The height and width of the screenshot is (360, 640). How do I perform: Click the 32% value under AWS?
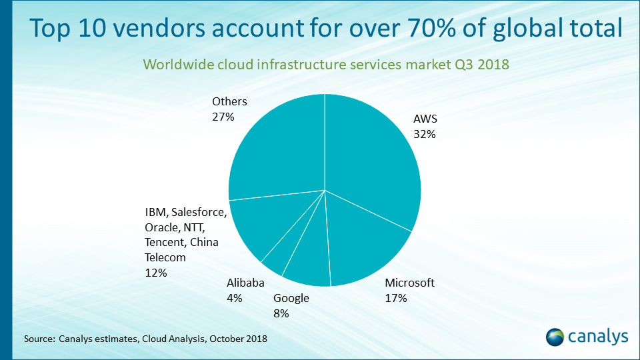click(x=424, y=134)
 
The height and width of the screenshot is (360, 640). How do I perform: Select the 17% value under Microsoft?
click(x=396, y=298)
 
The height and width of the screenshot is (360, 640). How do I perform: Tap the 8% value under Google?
click(x=281, y=313)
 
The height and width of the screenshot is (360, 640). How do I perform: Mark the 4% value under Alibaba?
click(x=234, y=298)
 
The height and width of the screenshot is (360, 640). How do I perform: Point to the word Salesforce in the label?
click(x=199, y=213)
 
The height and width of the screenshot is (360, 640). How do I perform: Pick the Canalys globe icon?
click(x=556, y=337)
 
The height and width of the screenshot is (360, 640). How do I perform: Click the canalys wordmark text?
click(x=598, y=337)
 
